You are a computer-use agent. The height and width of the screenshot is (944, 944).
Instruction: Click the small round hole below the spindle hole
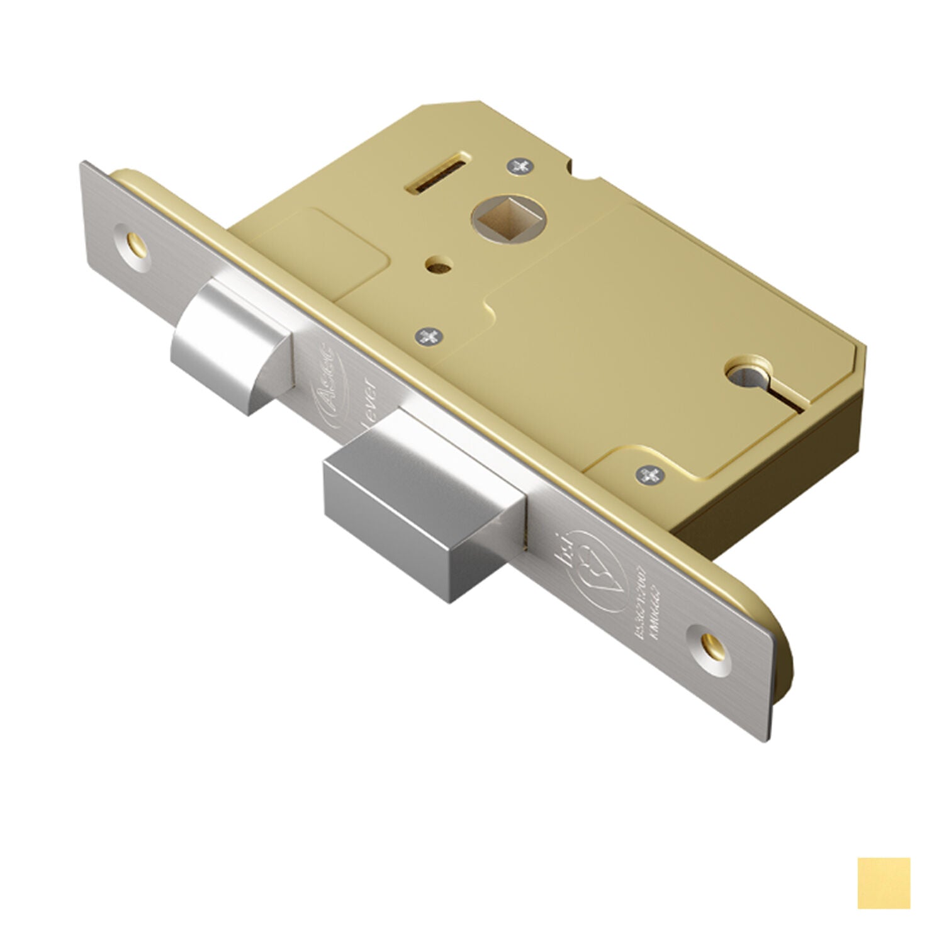(434, 266)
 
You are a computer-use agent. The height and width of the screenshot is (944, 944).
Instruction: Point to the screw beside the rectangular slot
(520, 166)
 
